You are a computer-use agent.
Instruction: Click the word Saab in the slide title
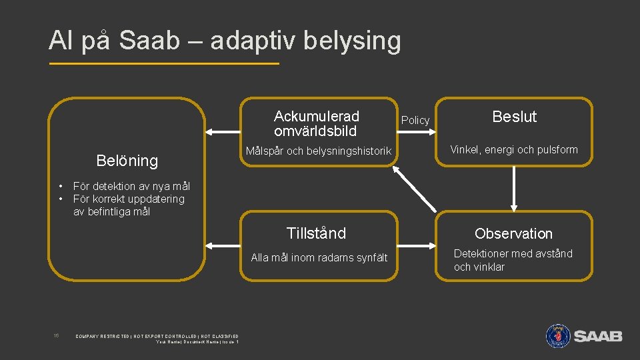[x=150, y=41]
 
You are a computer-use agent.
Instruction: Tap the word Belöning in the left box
[x=127, y=161]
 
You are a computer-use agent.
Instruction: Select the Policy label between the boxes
[x=415, y=120]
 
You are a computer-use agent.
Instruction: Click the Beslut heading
[x=514, y=117]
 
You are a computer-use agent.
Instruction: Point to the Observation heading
[x=513, y=233]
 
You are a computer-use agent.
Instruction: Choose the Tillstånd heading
[x=316, y=233]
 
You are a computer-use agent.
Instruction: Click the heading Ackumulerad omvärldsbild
[x=317, y=124]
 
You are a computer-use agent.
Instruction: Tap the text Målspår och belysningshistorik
[x=319, y=151]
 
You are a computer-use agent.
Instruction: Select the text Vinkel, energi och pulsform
[x=514, y=149]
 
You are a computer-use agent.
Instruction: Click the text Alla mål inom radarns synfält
[x=319, y=258]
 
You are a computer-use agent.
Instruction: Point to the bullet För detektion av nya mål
[x=131, y=186]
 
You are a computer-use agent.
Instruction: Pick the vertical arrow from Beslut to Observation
[x=514, y=188]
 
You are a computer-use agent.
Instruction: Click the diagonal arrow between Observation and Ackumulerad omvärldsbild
[x=415, y=187]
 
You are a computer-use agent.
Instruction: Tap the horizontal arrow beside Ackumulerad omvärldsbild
[x=223, y=131]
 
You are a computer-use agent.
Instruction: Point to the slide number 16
[x=56, y=335]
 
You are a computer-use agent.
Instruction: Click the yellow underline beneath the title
[x=164, y=64]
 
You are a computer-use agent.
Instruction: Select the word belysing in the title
[x=352, y=41]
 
